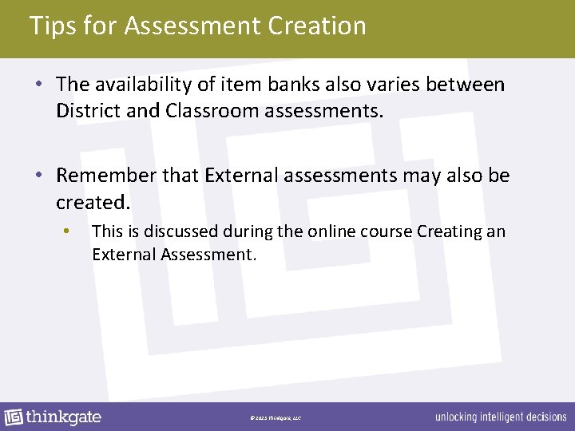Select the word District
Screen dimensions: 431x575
coord(89,109)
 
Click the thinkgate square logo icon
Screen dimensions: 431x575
coord(14,417)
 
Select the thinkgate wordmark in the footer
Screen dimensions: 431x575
coord(64,417)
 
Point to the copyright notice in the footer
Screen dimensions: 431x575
coord(276,417)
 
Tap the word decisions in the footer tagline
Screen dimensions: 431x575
coord(545,417)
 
